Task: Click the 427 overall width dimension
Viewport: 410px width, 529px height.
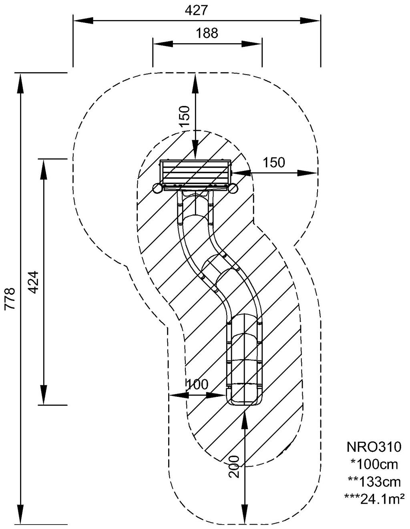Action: click(x=196, y=10)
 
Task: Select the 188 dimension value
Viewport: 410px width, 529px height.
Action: click(x=207, y=33)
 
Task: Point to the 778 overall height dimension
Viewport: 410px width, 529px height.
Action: click(x=10, y=298)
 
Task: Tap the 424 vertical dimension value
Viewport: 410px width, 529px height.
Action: click(x=34, y=282)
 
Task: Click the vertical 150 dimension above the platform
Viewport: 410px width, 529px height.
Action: click(x=184, y=116)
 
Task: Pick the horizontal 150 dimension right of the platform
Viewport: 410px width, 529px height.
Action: click(x=274, y=163)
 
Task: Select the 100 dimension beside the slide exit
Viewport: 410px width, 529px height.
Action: click(x=198, y=384)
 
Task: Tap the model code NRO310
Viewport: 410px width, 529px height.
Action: click(x=374, y=446)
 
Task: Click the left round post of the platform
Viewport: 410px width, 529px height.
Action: click(x=157, y=188)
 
